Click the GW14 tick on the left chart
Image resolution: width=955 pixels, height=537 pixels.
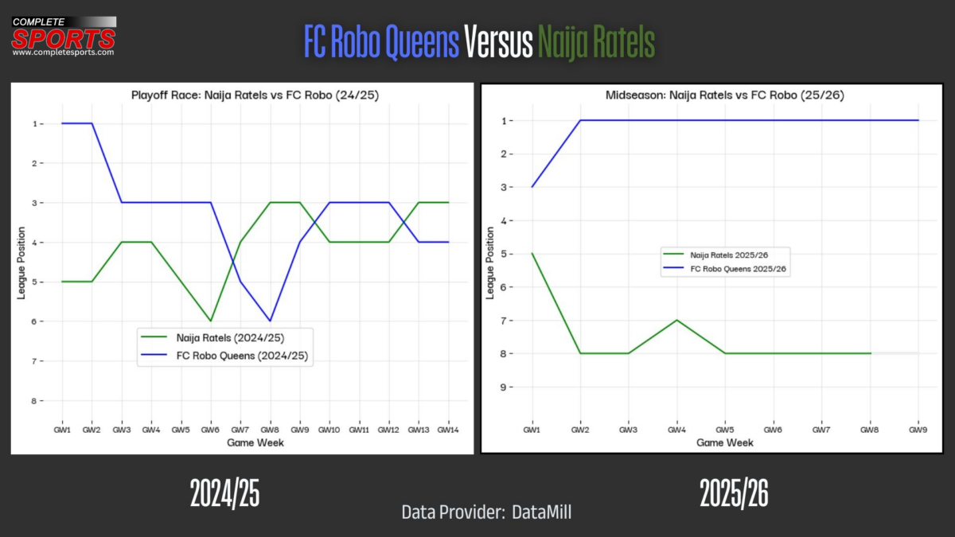pos(448,430)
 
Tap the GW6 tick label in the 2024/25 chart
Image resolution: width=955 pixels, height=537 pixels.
pos(210,430)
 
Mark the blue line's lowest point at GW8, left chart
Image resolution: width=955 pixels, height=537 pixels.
pos(270,321)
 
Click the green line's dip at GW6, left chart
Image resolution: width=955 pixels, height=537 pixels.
pos(211,321)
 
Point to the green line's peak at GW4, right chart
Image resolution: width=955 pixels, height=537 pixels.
pos(676,320)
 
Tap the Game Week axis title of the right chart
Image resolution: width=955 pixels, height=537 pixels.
pos(724,442)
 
